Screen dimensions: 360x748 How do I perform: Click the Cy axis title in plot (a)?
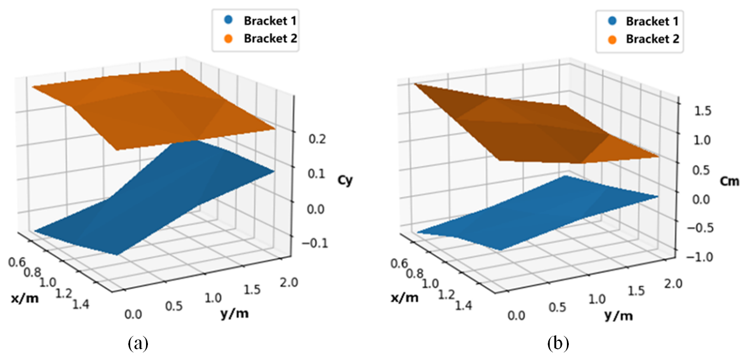tap(345, 180)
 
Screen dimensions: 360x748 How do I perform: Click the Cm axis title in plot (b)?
tap(729, 181)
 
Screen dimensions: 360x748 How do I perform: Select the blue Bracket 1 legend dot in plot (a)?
tap(228, 21)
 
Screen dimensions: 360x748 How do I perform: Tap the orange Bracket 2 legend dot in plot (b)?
tap(612, 40)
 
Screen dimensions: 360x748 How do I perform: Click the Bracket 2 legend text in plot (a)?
tap(270, 39)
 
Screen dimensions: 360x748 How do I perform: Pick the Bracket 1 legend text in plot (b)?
tap(652, 21)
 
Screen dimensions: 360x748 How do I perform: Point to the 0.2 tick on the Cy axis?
tap(317, 139)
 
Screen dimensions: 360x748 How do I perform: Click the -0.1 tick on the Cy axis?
tap(314, 243)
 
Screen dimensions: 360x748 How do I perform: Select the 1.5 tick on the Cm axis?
tap(702, 111)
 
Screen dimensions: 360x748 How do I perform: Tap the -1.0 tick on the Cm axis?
tap(700, 257)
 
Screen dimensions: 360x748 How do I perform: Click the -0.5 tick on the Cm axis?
tap(700, 228)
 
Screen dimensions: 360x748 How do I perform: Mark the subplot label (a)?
tap(138, 344)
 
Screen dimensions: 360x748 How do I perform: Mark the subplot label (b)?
tap(558, 344)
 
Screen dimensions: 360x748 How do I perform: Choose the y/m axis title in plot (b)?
tap(619, 316)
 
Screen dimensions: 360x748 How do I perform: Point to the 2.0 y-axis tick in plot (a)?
tap(289, 282)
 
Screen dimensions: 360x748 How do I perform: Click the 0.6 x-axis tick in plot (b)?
tap(399, 264)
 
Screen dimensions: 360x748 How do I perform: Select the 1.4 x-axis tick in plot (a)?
tap(81, 304)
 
